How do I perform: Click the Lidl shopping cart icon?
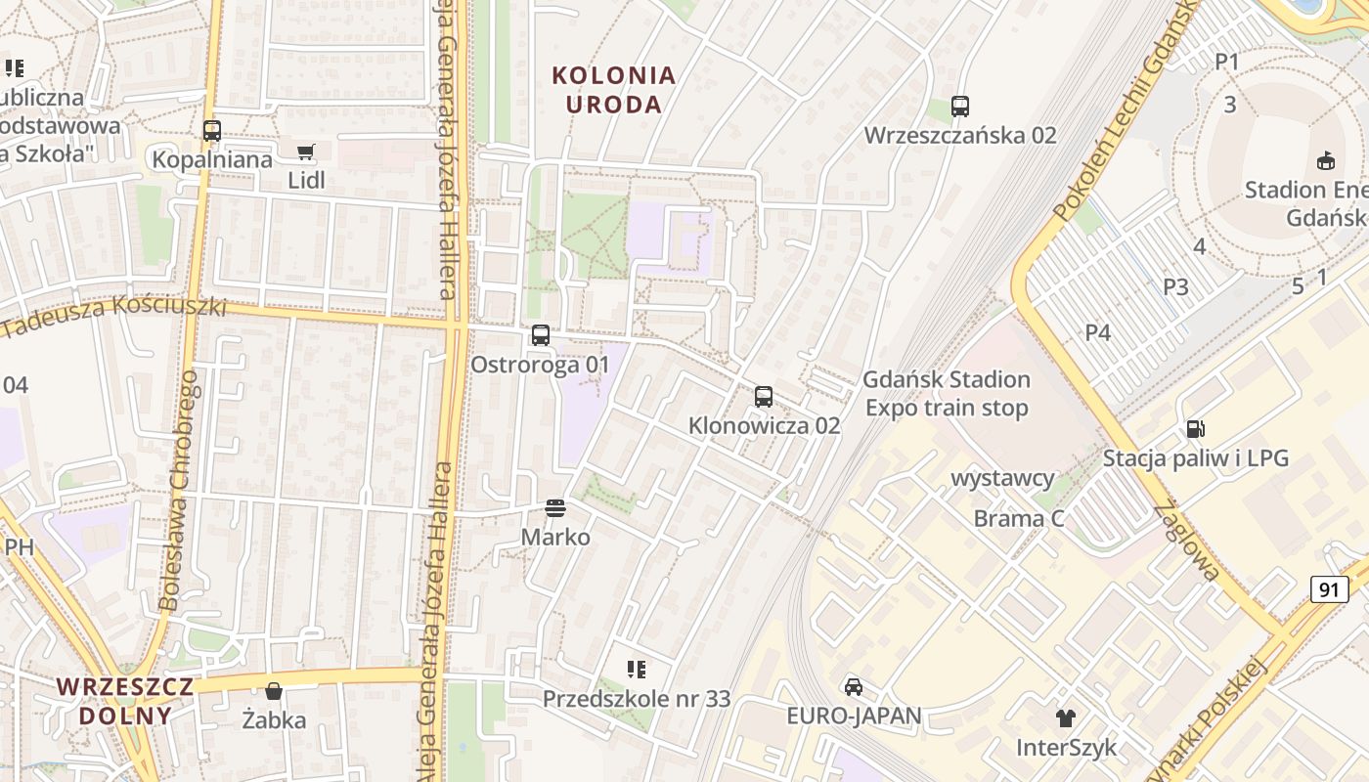[306, 152]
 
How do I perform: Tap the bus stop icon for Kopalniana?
[212, 130]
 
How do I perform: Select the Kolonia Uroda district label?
[614, 89]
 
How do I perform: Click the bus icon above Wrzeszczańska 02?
[960, 107]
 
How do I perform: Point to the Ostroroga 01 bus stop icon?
[541, 335]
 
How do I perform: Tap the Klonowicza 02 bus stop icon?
[764, 397]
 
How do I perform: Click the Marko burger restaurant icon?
[555, 507]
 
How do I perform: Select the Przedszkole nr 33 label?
[637, 699]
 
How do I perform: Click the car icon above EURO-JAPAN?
[854, 686]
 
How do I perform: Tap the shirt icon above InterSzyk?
[1066, 718]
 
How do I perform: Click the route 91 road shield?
[1329, 589]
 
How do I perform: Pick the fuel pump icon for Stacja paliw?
[1195, 428]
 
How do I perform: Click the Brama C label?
[1019, 518]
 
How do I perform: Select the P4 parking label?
[1098, 332]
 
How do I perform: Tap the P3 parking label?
[1175, 287]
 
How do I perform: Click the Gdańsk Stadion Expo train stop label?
[947, 393]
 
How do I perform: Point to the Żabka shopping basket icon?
[274, 691]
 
